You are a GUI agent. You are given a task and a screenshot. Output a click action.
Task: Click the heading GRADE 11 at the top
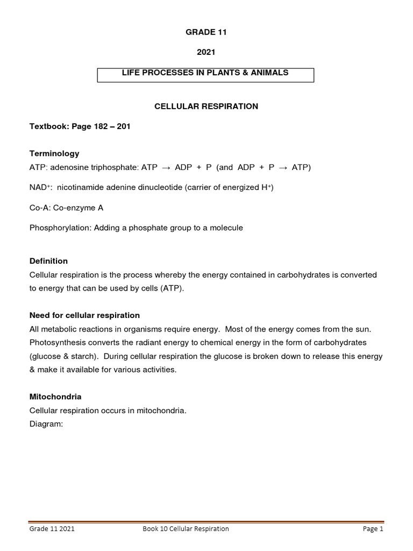point(206,32)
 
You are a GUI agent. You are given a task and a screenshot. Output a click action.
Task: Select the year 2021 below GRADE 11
point(206,53)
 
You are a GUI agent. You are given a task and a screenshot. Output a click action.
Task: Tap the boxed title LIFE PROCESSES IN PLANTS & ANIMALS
point(205,73)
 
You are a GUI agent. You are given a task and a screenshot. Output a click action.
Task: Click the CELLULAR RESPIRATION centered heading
point(206,107)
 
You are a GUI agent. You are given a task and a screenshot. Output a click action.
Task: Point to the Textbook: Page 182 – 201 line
point(80,126)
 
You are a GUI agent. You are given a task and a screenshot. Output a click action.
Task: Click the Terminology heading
point(54,153)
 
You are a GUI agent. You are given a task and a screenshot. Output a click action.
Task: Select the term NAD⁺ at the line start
point(39,187)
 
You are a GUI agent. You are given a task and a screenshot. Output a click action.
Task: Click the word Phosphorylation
point(60,228)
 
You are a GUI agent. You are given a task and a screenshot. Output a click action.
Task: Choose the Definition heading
point(48,261)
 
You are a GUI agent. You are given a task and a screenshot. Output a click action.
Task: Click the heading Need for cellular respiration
point(84,315)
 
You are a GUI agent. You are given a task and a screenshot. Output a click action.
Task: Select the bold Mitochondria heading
point(55,397)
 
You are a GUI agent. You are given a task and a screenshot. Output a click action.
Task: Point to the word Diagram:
point(46,423)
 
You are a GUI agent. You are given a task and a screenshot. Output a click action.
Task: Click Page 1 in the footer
point(373,529)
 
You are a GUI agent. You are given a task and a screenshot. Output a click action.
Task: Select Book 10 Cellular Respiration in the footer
point(186,529)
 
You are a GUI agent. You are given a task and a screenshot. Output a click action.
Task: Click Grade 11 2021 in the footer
point(52,529)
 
